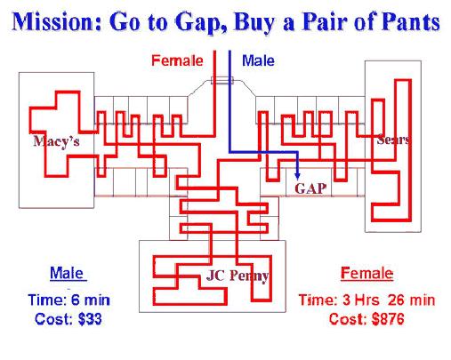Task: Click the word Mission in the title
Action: pos(57,21)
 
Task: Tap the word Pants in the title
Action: pos(410,21)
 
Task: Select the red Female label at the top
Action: pos(177,60)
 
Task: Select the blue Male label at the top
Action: pos(258,60)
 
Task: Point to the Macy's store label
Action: pos(56,141)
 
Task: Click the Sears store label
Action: pos(393,140)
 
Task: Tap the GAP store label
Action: pos(310,188)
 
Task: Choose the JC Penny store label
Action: pos(238,276)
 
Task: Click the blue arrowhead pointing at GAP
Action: pos(298,176)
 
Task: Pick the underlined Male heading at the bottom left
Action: pos(67,273)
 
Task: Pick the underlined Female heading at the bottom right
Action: pos(366,273)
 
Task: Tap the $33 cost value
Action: pos(90,319)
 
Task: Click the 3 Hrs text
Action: pos(361,300)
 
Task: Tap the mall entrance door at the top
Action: pos(222,80)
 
